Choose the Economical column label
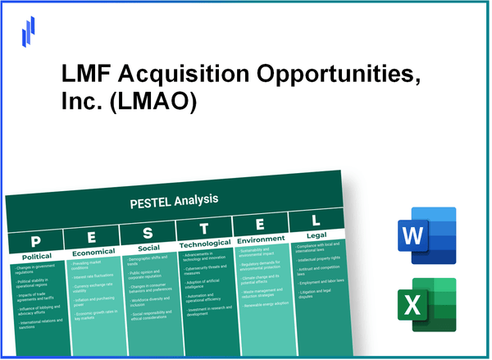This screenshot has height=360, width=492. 92,253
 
